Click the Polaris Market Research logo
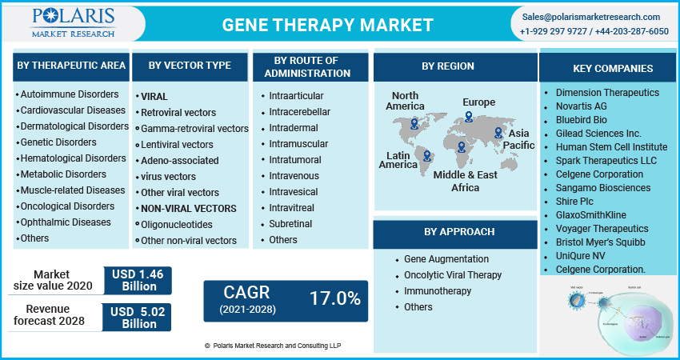[x=73, y=22]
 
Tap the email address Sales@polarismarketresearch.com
[x=591, y=17]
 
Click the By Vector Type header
[x=190, y=65]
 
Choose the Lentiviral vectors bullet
[x=176, y=145]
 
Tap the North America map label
[x=405, y=101]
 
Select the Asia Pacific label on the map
[x=518, y=138]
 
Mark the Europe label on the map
[x=478, y=102]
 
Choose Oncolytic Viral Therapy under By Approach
[x=452, y=275]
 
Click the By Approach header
[x=454, y=232]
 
